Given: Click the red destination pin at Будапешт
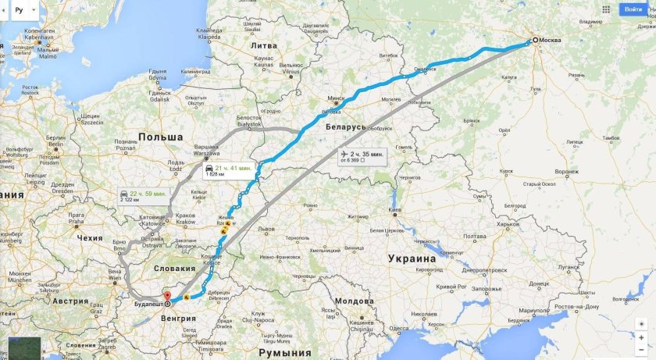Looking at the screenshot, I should pos(167,296).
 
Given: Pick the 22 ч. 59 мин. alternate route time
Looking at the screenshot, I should pos(148,193).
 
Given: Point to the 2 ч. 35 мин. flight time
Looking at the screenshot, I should pos(367,155).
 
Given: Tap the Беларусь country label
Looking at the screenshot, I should pos(347,126).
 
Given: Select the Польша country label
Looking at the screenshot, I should pos(161,137).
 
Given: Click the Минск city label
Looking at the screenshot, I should pos(336,99).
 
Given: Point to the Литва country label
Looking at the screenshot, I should pos(263,45).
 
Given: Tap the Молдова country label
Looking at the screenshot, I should pos(349,301).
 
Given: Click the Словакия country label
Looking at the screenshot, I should pos(175,268).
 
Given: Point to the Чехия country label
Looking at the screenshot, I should pos(90,237).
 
